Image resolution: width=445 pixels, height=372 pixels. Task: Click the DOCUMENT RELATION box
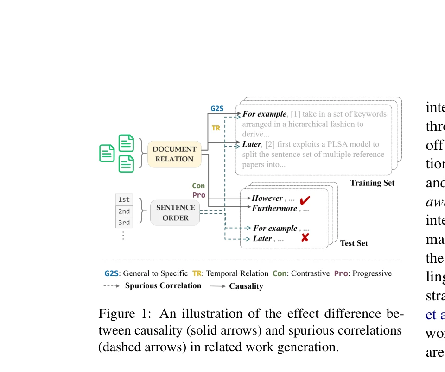[174, 154]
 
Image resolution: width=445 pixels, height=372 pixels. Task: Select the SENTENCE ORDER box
[175, 213]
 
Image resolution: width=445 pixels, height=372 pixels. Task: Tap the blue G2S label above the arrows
[217, 108]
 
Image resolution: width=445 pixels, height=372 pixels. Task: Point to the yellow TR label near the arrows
[216, 128]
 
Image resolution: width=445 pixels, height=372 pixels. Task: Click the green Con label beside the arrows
[198, 186]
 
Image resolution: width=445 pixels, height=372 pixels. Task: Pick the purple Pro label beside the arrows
[199, 195]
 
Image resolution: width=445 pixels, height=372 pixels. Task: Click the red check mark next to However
[305, 201]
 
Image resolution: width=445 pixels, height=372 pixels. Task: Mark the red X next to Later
[305, 238]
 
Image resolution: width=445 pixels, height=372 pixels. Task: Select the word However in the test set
[267, 198]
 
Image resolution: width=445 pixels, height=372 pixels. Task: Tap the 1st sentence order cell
[124, 200]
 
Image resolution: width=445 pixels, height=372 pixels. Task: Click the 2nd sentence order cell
[124, 211]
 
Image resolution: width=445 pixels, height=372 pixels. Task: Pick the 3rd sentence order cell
[124, 223]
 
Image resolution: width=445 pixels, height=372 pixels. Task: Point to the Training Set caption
[372, 183]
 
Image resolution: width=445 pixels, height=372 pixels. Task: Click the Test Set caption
[354, 243]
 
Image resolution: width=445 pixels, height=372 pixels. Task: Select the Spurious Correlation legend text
[163, 285]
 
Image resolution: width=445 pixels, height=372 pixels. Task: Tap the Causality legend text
[246, 286]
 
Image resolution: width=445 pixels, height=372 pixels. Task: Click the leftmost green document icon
[107, 153]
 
